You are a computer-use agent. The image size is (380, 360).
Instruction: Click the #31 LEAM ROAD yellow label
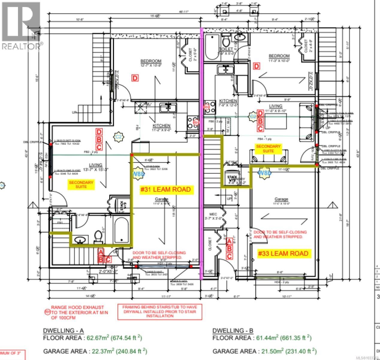click(x=165, y=190)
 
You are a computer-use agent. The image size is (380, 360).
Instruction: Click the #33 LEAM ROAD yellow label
click(x=283, y=253)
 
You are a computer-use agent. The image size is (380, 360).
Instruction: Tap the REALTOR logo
click(x=21, y=25)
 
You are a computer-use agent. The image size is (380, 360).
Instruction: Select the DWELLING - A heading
click(x=63, y=331)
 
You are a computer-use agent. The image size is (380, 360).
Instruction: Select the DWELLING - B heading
click(x=233, y=331)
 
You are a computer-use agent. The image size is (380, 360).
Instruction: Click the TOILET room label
click(x=226, y=49)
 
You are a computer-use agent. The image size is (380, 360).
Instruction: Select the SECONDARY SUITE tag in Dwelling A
click(x=81, y=184)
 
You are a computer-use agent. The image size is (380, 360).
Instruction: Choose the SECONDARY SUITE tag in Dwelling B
click(x=268, y=148)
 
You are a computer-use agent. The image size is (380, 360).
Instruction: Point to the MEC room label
click(x=213, y=214)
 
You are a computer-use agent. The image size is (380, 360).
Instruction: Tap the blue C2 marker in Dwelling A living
click(x=119, y=137)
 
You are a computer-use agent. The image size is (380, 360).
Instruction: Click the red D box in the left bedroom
click(x=135, y=78)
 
